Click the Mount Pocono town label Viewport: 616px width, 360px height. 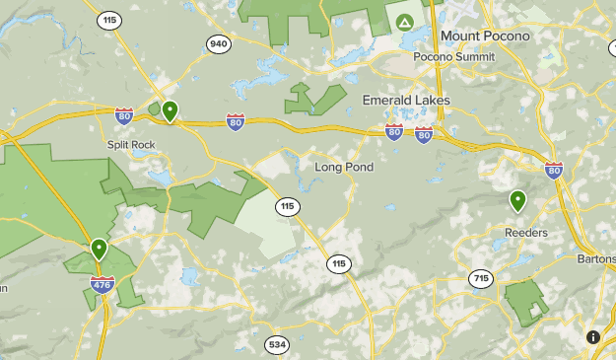point(485,36)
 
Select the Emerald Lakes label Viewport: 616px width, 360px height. point(406,101)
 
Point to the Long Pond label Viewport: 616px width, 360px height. point(344,168)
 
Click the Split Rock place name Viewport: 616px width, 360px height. point(131,144)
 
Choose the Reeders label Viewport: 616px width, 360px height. point(525,233)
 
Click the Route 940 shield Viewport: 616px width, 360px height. point(219,43)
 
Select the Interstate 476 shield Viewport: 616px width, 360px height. point(102,284)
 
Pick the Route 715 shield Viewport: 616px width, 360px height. point(480,279)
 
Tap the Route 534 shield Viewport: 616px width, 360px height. point(276,344)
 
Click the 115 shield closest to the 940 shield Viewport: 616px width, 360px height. point(109,19)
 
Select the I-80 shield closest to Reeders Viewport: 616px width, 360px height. point(554,170)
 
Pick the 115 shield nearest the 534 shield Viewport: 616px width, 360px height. point(339,263)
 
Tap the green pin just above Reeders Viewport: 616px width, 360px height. point(517,202)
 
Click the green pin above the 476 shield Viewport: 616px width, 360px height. point(99,250)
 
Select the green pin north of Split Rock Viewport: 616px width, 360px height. point(170,111)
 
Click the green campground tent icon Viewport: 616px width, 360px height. point(403,21)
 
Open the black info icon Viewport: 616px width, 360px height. point(593,337)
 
